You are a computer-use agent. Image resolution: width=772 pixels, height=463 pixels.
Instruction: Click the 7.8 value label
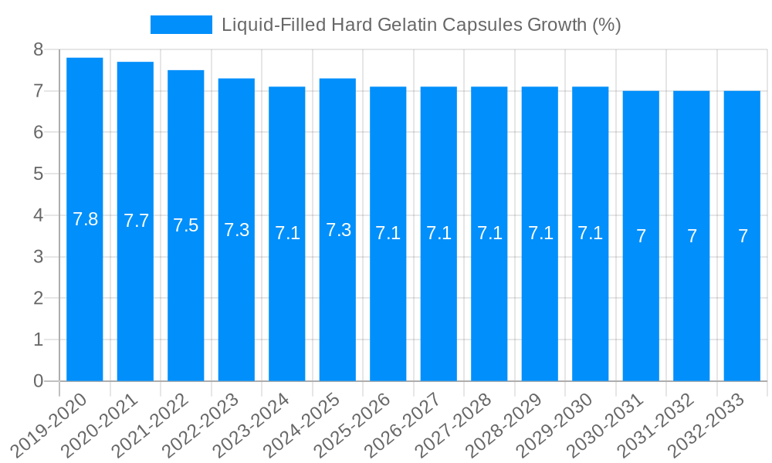85,219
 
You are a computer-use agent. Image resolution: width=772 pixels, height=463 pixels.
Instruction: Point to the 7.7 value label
136,221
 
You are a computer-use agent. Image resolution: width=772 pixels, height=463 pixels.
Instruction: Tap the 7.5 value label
186,225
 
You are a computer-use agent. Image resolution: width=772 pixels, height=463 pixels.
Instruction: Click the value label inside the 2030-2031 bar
641,236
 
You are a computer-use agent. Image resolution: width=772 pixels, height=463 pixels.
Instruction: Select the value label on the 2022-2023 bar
236,229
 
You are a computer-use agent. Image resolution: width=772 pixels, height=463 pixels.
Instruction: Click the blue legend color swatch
181,25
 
